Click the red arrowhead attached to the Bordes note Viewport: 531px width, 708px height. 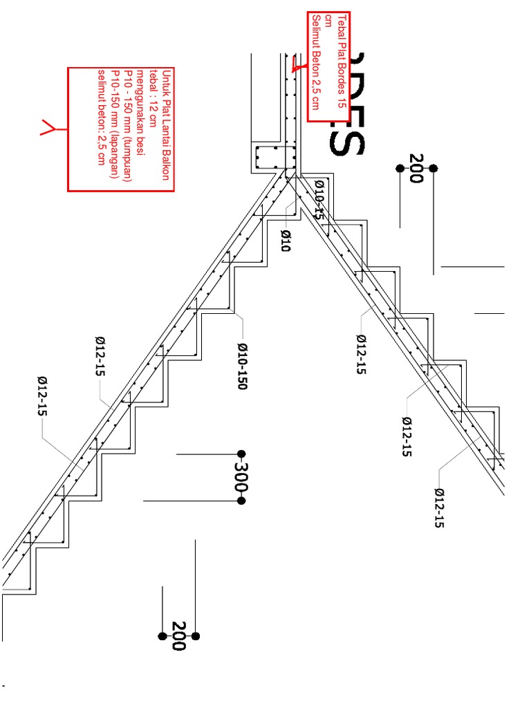point(296,67)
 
